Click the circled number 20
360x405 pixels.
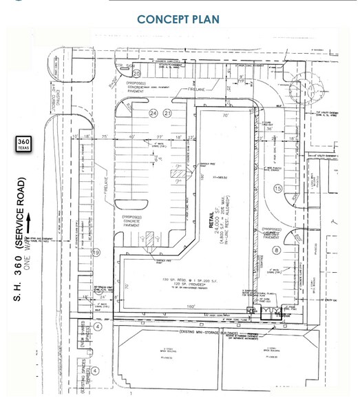coord(136,73)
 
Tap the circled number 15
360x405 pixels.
coord(278,188)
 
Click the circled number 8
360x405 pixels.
coord(277,251)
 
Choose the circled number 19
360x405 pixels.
coord(96,253)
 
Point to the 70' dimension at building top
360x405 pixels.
coord(224,116)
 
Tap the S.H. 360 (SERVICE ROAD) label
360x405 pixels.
coord(21,238)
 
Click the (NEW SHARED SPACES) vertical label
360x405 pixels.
coord(81,335)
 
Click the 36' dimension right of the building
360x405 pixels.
coord(271,129)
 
